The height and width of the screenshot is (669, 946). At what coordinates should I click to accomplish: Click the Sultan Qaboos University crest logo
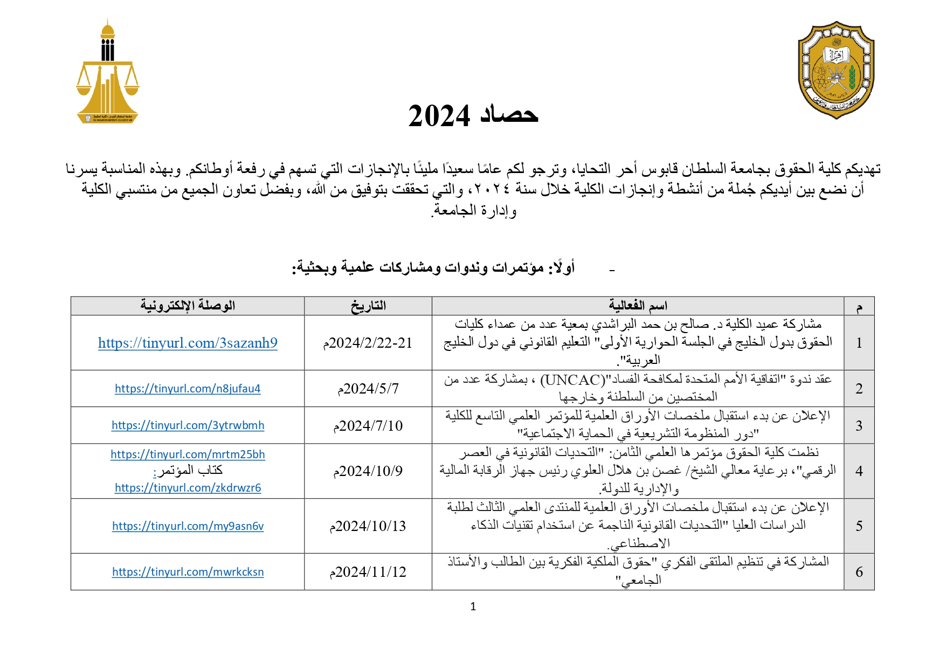tap(835, 70)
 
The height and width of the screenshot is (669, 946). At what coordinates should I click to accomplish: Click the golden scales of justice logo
tap(108, 73)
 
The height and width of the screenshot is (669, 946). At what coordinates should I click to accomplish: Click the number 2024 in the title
tap(439, 116)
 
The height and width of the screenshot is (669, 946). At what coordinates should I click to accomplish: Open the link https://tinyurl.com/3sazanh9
tap(188, 343)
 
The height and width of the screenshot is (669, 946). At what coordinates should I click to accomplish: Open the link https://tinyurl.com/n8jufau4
tap(188, 389)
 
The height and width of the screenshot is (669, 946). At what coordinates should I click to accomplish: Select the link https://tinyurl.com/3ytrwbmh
tap(188, 425)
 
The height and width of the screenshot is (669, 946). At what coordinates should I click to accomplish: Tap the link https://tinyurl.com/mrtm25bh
tap(188, 454)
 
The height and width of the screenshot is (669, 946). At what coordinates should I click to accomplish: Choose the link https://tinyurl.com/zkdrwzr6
tap(188, 488)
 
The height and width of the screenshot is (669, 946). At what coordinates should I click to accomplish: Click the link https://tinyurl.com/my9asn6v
tap(188, 526)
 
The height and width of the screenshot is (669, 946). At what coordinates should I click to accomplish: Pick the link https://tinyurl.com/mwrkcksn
tap(188, 572)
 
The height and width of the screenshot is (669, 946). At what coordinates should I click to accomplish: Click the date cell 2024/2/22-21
tap(368, 343)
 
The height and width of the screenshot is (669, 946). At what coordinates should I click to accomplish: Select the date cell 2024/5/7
tap(368, 389)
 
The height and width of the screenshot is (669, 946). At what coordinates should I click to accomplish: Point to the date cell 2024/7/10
tap(368, 426)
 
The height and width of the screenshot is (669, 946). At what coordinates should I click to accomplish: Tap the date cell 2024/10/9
tap(368, 471)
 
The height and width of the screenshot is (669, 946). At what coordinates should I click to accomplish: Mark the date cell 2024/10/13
tap(368, 526)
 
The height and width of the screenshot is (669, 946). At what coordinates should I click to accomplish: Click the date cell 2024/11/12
tap(368, 572)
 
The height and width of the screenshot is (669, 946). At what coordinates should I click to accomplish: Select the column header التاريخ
tap(368, 306)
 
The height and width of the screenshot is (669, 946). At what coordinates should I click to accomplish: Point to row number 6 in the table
tap(859, 572)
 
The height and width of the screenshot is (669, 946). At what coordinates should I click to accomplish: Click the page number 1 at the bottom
tap(473, 606)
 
